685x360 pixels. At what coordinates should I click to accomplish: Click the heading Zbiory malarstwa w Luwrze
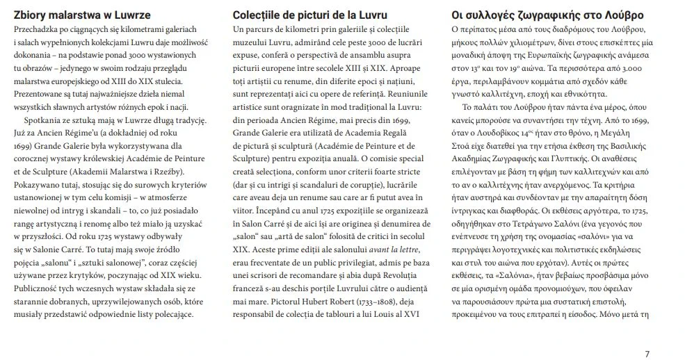click(83, 15)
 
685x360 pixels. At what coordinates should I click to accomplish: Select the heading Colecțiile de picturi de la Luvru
click(310, 15)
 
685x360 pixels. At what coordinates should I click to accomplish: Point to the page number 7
click(647, 354)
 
